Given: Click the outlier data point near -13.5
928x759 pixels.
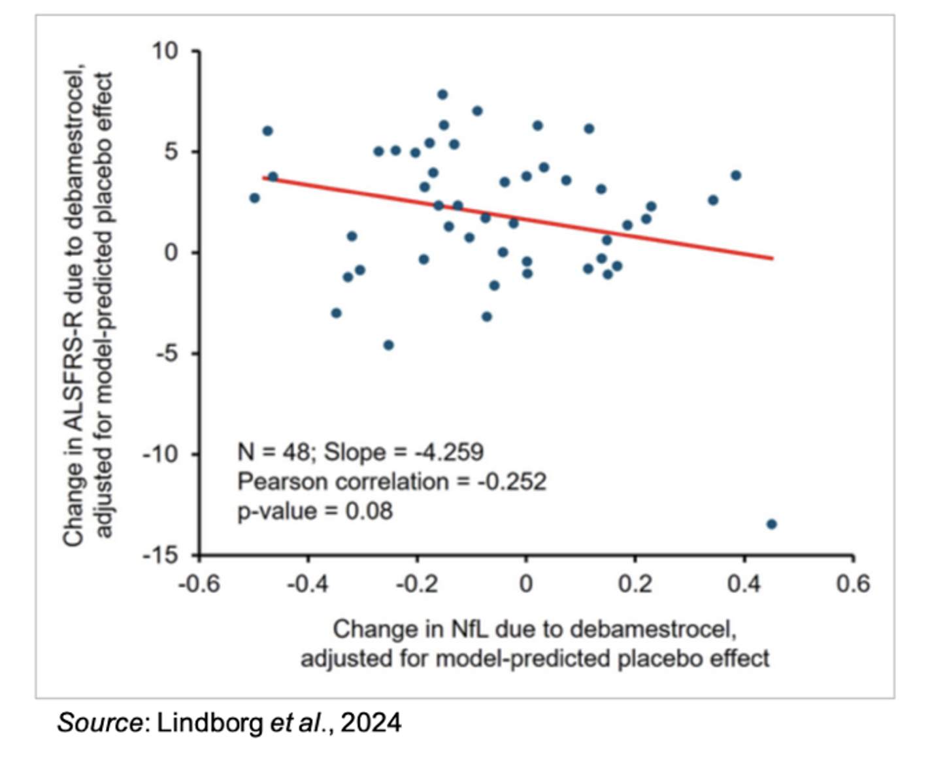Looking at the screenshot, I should click(x=771, y=524).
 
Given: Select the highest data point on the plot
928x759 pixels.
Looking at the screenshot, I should click(x=442, y=95).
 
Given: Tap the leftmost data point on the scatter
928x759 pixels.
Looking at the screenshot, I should click(x=254, y=198).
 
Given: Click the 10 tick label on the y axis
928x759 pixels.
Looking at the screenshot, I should click(x=165, y=50).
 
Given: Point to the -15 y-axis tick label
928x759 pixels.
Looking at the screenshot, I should click(x=160, y=555).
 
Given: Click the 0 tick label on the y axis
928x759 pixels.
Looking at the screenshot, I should click(x=171, y=252).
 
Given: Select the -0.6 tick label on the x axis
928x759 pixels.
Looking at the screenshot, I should click(x=199, y=583).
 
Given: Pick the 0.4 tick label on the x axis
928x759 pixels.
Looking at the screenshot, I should click(x=744, y=583).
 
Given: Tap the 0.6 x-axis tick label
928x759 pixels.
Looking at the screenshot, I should click(x=853, y=583).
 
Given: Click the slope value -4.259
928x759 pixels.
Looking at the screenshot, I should click(x=449, y=452).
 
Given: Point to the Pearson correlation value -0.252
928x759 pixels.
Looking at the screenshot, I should click(x=511, y=481).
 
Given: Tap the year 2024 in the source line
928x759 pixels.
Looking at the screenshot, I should click(x=371, y=722).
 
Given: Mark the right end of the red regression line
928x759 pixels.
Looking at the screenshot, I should click(x=773, y=259).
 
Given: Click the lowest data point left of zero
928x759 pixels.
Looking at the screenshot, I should click(x=388, y=345).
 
